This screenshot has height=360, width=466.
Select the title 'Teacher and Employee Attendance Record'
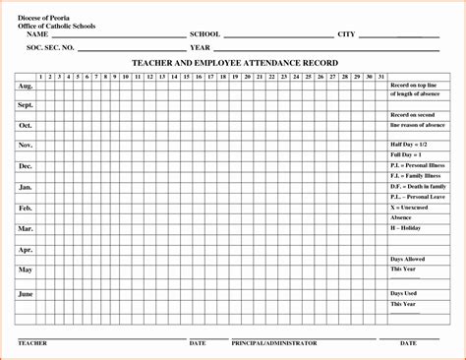click(x=235, y=62)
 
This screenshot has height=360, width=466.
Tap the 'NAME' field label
click(x=38, y=34)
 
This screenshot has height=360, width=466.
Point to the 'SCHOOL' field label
click(x=204, y=34)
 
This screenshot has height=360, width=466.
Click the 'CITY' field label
click(x=346, y=34)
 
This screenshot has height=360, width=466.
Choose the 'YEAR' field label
click(x=202, y=47)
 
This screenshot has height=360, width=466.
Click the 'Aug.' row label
click(x=25, y=86)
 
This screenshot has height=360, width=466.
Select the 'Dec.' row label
click(x=25, y=166)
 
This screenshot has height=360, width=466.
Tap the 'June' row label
click(x=25, y=293)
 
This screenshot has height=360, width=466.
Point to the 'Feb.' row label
click(x=25, y=208)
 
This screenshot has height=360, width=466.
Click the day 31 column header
click(x=380, y=76)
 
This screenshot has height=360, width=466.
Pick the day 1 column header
click(x=40, y=76)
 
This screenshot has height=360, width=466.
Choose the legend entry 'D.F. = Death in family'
click(x=418, y=186)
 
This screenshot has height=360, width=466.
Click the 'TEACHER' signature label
click(x=33, y=343)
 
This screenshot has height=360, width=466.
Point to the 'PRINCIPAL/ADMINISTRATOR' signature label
click(x=274, y=343)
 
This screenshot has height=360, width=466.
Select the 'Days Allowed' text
click(x=409, y=258)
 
